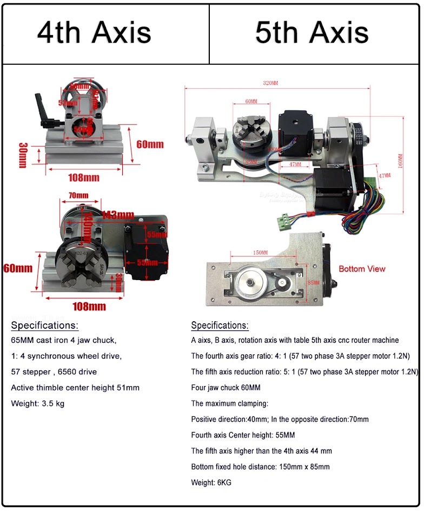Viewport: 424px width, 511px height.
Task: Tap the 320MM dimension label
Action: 270,83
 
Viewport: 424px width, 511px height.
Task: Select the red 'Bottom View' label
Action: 362,269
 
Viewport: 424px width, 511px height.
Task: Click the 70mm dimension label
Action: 78,195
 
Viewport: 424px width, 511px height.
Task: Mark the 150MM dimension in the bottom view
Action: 260,253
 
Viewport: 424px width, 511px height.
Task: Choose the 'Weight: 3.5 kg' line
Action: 37,403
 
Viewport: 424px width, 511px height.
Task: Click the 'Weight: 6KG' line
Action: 211,482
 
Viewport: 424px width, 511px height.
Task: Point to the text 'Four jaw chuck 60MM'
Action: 226,388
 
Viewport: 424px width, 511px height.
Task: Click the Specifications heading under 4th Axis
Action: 44,326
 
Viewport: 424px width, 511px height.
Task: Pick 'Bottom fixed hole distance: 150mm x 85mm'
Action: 260,467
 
